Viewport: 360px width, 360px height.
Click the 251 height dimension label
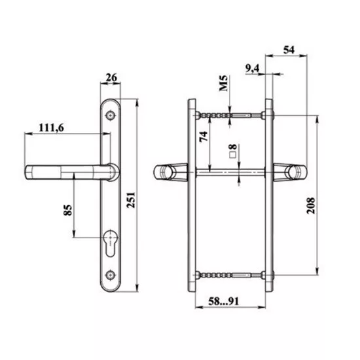coord(132,200)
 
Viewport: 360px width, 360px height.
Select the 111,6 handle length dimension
coord(51,128)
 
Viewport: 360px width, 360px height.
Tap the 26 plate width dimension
coord(111,78)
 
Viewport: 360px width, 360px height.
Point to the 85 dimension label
coord(67,210)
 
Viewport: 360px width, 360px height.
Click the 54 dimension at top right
coord(289,50)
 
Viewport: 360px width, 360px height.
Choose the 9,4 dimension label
coord(252,69)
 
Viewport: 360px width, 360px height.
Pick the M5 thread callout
coord(223,83)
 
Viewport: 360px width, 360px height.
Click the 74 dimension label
coord(204,137)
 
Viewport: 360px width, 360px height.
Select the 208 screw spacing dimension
coord(311,206)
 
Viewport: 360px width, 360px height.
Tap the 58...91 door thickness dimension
coord(224,301)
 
